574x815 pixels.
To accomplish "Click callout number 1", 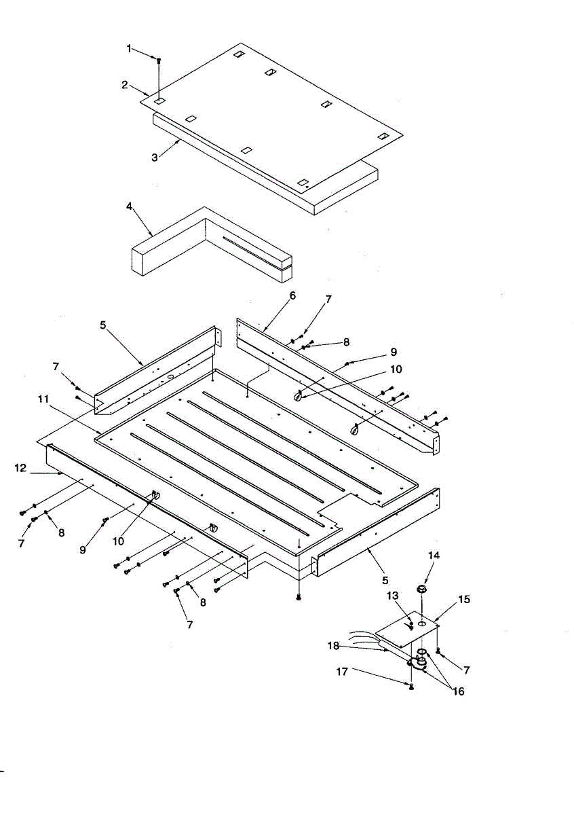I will [x=129, y=48].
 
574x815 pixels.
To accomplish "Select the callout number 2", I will [x=125, y=85].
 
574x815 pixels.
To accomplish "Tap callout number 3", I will [x=155, y=157].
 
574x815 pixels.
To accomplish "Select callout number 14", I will [x=434, y=556].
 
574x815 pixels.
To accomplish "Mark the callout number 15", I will [x=463, y=600].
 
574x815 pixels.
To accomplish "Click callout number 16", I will [x=459, y=691].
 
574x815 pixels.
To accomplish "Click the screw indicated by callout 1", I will [x=158, y=61].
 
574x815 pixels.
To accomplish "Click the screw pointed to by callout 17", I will [x=412, y=687].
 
